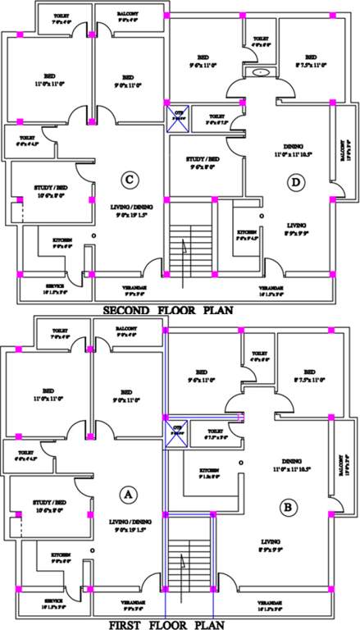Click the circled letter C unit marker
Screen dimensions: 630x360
(127, 179)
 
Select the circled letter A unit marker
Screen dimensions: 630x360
(126, 494)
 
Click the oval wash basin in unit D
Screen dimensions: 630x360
(261, 72)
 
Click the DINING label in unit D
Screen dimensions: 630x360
(294, 144)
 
